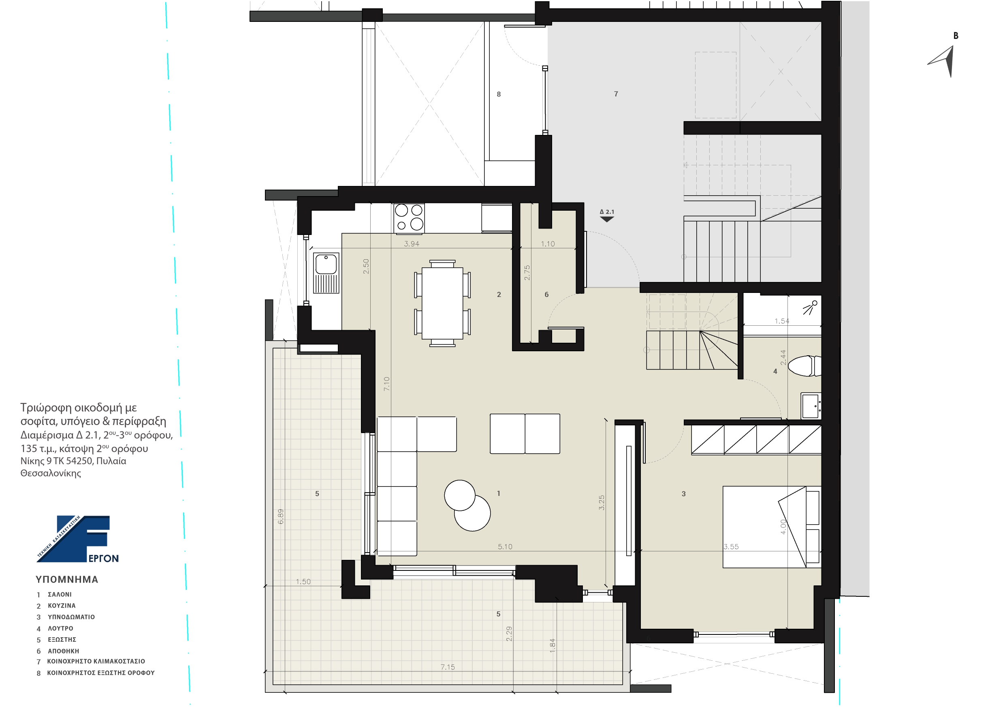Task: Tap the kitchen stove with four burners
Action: pyautogui.click(x=409, y=218)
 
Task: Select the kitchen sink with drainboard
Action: pyautogui.click(x=326, y=273)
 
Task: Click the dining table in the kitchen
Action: pyautogui.click(x=442, y=303)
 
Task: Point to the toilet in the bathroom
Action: pyautogui.click(x=804, y=366)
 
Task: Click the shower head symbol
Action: pyautogui.click(x=810, y=307)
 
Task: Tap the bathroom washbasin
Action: pyautogui.click(x=811, y=406)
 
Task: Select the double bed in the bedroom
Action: pyautogui.click(x=772, y=527)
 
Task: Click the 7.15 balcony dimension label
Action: pyautogui.click(x=447, y=667)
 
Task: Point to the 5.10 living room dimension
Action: pyautogui.click(x=505, y=547)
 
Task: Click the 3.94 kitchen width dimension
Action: pyautogui.click(x=412, y=244)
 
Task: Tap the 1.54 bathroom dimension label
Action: pyautogui.click(x=782, y=321)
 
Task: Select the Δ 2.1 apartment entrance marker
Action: pyautogui.click(x=607, y=215)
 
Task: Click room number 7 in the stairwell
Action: pyautogui.click(x=616, y=94)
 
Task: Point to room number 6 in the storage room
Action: pyautogui.click(x=546, y=295)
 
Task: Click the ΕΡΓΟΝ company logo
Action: pyautogui.click(x=78, y=539)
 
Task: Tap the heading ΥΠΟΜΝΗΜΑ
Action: pyautogui.click(x=67, y=579)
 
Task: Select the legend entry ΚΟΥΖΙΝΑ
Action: pyautogui.click(x=62, y=606)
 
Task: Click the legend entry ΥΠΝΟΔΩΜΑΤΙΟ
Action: pyautogui.click(x=71, y=617)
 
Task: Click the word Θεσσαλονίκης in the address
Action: pyautogui.click(x=51, y=473)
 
